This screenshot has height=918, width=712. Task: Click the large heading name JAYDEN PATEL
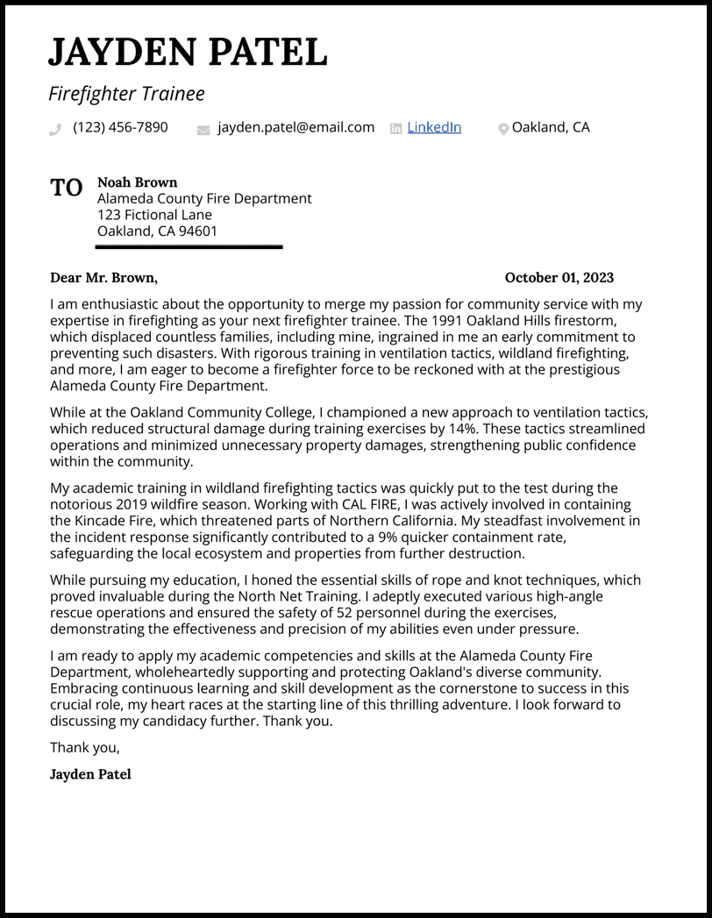coord(188,53)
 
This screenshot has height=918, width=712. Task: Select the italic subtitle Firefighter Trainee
coord(126,94)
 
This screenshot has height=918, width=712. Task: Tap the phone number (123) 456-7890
coord(120,127)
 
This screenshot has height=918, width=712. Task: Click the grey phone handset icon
coord(55,129)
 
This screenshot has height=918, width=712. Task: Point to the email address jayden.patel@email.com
coord(295,127)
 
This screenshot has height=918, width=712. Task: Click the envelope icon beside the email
coord(203,129)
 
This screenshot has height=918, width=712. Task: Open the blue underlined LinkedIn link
coord(434,127)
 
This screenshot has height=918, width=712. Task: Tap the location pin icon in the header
coord(503,129)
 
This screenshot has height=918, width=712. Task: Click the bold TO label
coord(67,188)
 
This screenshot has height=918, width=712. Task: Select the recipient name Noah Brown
coord(137,182)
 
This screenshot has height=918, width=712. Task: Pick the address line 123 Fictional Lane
coord(154,215)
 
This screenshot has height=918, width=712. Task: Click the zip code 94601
coord(199,231)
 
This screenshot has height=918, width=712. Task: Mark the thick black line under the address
coord(189,247)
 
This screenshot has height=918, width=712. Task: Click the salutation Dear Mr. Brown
coord(103,278)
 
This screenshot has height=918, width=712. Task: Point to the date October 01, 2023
coord(559,278)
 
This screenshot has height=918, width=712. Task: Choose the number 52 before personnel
coord(356,613)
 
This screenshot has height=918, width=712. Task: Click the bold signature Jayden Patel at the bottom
coord(90,774)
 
